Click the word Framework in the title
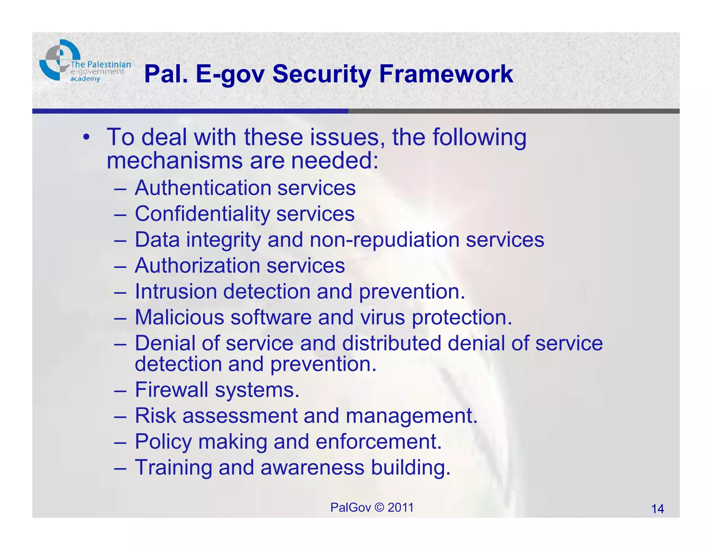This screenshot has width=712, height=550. coord(446,74)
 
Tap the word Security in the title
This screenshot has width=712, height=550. coord(322,74)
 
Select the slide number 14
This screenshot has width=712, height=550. coord(657,509)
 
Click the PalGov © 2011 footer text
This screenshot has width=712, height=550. coord(372,507)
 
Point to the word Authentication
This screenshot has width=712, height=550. coord(203,188)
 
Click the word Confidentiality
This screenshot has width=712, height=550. coord(202,214)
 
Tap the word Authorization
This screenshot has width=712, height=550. coord(197,266)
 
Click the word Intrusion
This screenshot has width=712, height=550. coord(176,291)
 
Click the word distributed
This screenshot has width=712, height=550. coord(391,343)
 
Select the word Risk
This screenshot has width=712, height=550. coord(155,415)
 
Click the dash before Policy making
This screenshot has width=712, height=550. coord(120,442)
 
